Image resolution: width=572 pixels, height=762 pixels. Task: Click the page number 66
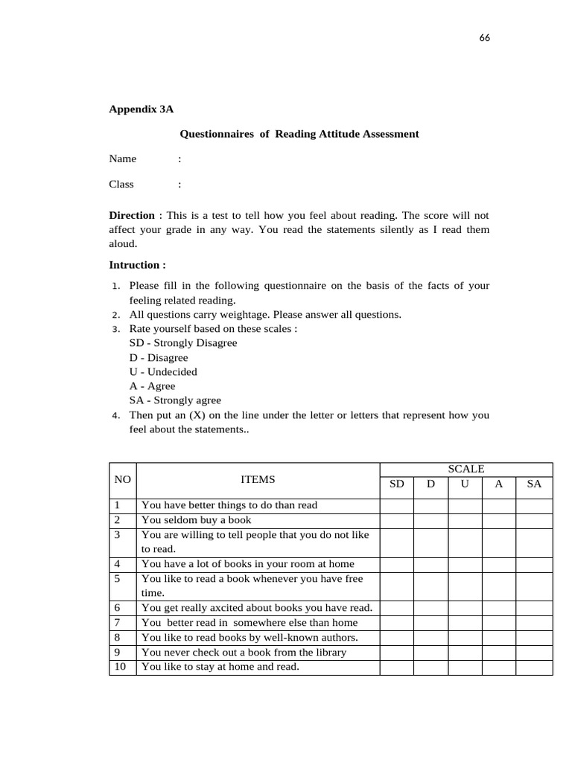pyautogui.click(x=484, y=38)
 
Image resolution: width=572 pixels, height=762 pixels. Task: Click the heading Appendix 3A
pyautogui.click(x=141, y=109)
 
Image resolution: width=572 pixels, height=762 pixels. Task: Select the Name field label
pyautogui.click(x=123, y=159)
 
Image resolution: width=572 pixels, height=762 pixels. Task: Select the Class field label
pyautogui.click(x=121, y=185)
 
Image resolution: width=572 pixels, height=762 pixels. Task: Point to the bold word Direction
pyautogui.click(x=132, y=215)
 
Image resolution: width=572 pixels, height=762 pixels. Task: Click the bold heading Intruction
pyautogui.click(x=137, y=265)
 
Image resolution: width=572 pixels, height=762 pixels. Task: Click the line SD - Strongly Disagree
pyautogui.click(x=183, y=343)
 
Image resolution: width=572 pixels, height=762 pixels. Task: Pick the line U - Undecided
pyautogui.click(x=163, y=371)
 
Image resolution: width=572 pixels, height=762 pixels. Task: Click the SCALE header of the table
pyautogui.click(x=465, y=469)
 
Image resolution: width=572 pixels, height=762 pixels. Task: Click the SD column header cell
pyautogui.click(x=397, y=484)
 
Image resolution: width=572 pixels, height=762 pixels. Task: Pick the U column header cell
pyautogui.click(x=465, y=484)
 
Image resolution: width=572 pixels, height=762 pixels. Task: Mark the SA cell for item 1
pyautogui.click(x=534, y=505)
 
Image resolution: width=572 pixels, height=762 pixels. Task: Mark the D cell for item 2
pyautogui.click(x=430, y=520)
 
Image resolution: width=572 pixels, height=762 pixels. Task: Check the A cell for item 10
pyautogui.click(x=499, y=667)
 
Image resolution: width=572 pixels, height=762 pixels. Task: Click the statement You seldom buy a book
pyautogui.click(x=197, y=520)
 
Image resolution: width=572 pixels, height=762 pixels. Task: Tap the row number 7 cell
pyautogui.click(x=122, y=623)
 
